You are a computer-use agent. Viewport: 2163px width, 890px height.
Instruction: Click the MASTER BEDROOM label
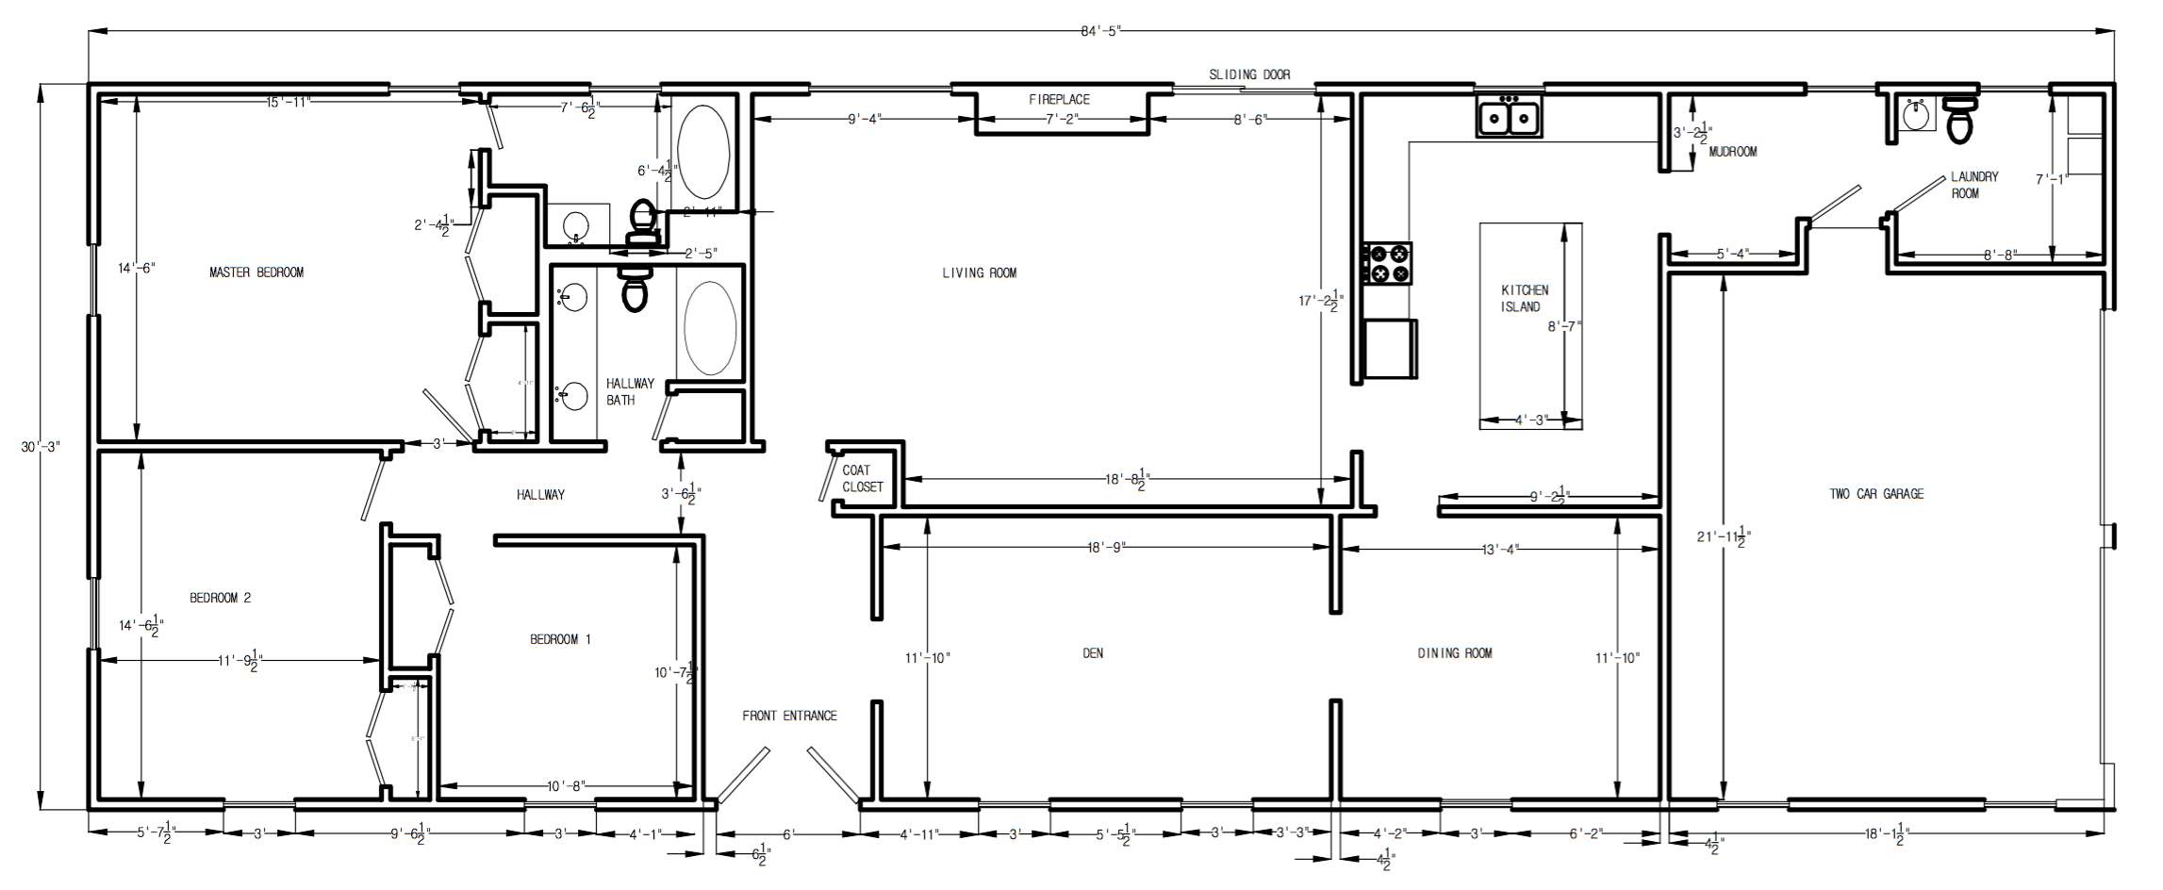click(x=256, y=272)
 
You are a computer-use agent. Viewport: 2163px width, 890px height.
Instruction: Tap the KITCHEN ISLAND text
click(x=1524, y=298)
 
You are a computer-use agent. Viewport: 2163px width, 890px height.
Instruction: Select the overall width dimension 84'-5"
click(x=1099, y=31)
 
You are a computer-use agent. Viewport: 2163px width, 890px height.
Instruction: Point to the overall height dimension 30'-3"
click(x=40, y=446)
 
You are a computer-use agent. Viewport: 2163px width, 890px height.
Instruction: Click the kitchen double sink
click(x=1509, y=119)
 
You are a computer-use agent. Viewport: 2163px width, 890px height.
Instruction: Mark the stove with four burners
click(x=1388, y=263)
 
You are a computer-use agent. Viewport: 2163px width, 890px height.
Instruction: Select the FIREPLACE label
click(x=1059, y=99)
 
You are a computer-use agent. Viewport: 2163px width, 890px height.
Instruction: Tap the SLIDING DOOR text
click(x=1249, y=74)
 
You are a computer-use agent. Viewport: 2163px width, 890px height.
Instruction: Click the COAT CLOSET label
click(x=862, y=478)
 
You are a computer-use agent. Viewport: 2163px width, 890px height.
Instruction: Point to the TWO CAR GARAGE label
click(x=1876, y=494)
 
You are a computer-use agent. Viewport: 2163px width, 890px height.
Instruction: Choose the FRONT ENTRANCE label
click(x=789, y=716)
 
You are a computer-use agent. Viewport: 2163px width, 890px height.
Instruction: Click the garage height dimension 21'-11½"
click(x=1724, y=536)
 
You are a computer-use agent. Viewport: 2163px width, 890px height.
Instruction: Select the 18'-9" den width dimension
click(x=1106, y=548)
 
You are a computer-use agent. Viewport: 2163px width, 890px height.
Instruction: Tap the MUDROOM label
click(x=1732, y=152)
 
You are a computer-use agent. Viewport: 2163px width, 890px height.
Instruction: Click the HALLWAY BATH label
click(x=629, y=391)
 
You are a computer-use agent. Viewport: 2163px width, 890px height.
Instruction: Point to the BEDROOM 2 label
click(x=220, y=598)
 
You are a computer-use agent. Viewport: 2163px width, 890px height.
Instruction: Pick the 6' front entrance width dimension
click(x=788, y=834)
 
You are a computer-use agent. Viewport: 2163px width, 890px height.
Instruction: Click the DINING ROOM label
click(x=1454, y=653)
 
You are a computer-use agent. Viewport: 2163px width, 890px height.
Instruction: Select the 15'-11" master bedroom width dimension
click(x=288, y=102)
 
